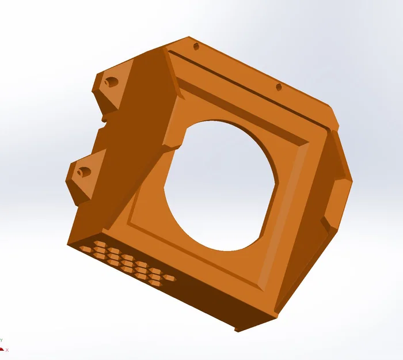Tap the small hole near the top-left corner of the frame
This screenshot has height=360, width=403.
[x=195, y=46]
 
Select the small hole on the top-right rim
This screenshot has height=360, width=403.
[x=279, y=88]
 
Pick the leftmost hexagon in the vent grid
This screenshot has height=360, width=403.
[x=84, y=249]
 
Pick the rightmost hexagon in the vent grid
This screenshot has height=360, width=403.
[x=169, y=278]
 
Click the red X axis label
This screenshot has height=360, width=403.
[x=7, y=350]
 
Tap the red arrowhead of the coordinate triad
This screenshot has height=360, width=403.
[x=2, y=348]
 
